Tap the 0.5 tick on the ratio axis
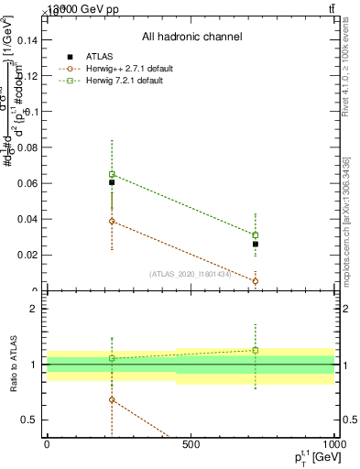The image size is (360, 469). [28, 420]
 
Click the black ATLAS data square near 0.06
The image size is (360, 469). [112, 182]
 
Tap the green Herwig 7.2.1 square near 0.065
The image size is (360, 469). [112, 174]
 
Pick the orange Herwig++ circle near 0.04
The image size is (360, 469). [112, 221]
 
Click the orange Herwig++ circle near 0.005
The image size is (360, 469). [256, 281]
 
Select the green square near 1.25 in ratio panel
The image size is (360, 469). [256, 350]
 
